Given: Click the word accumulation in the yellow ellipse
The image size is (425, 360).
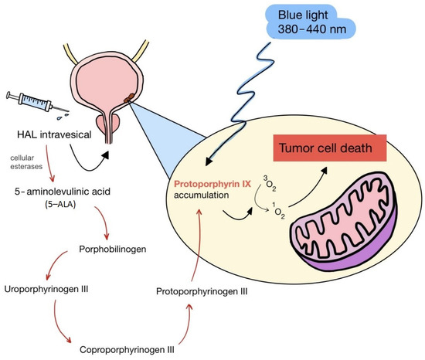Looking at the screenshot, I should (200, 197).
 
